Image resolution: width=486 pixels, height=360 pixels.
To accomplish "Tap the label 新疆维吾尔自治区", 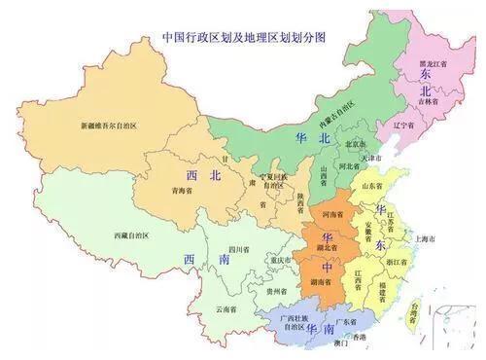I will point(111,125).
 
